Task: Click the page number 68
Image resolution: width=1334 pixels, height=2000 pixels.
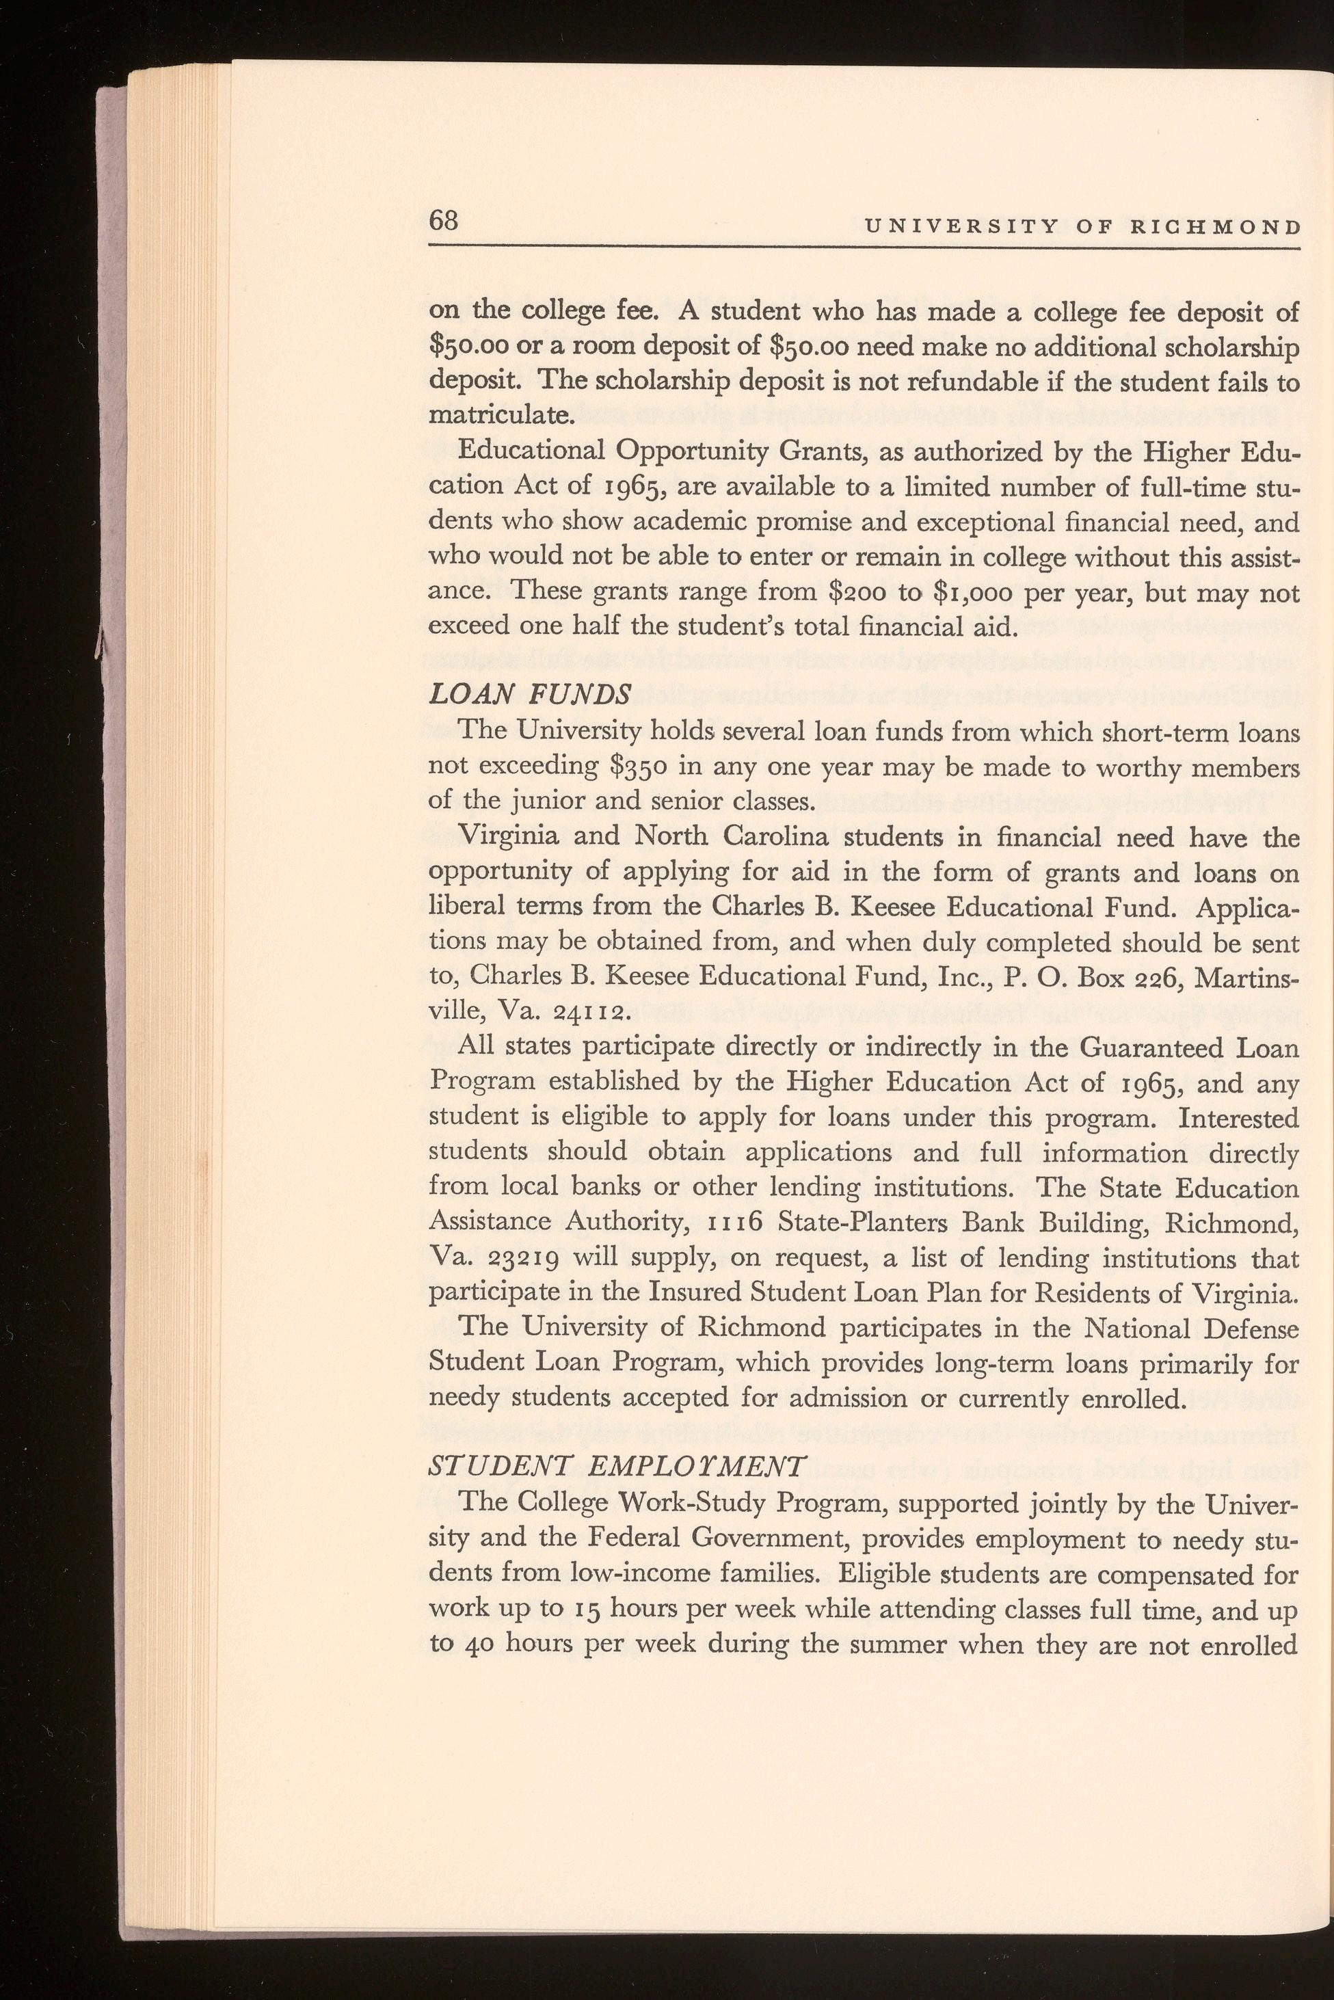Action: (444, 221)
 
